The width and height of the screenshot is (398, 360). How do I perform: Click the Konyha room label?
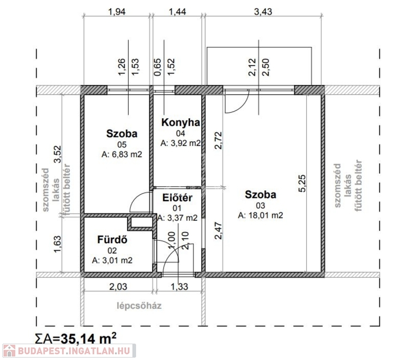tap(181, 122)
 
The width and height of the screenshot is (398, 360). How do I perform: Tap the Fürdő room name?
tap(112, 240)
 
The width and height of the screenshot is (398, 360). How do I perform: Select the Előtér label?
tap(177, 197)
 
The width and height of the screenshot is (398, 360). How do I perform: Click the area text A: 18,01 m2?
tap(260, 215)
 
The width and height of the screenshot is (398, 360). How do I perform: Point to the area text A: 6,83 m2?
tap(122, 154)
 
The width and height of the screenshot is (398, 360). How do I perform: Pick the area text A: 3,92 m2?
tap(181, 143)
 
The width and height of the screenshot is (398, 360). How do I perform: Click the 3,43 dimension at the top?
tap(263, 12)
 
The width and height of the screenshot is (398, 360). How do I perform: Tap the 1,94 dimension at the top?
tap(117, 12)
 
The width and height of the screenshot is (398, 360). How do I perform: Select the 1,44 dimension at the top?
tap(177, 12)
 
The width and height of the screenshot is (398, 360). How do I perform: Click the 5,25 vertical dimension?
tap(302, 184)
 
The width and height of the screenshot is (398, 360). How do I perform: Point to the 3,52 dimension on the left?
tap(57, 154)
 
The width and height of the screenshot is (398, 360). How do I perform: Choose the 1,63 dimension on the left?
tap(57, 244)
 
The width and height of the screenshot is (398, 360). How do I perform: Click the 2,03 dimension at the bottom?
tap(118, 287)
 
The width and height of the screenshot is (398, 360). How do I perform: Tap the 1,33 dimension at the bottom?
tap(179, 287)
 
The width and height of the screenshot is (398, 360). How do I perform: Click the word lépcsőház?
tap(139, 306)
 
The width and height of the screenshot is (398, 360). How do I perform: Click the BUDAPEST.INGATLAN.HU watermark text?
tap(74, 351)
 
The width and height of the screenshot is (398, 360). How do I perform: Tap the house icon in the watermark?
tap(9, 351)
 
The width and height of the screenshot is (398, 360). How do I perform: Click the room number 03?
tap(260, 205)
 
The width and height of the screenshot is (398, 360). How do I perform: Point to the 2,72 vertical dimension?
tap(218, 141)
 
